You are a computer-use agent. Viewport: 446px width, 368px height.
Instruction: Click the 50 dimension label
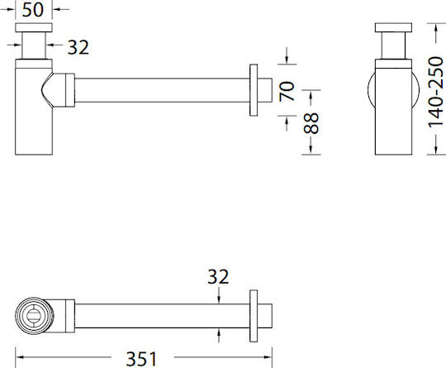(x=33, y=10)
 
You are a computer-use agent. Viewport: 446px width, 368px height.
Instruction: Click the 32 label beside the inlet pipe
(x=78, y=47)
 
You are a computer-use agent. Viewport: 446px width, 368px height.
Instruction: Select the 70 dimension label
(x=287, y=91)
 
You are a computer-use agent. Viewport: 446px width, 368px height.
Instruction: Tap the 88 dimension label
(x=311, y=123)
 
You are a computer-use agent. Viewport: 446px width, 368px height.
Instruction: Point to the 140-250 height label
(x=435, y=92)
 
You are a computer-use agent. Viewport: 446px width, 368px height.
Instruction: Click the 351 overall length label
(x=141, y=359)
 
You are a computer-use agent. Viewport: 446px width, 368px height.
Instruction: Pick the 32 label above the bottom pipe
(x=218, y=276)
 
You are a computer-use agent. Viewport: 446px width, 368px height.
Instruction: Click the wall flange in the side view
(x=254, y=90)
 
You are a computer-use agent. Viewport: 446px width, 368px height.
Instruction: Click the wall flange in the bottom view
(x=254, y=316)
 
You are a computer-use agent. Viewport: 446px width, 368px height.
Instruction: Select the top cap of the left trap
(x=34, y=27)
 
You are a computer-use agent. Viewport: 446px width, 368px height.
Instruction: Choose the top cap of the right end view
(x=393, y=27)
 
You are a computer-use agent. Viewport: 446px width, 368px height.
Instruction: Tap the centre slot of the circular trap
(x=34, y=316)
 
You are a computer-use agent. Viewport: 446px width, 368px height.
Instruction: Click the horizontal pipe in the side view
(x=162, y=90)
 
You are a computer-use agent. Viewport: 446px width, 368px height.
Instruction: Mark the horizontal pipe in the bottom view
(x=162, y=316)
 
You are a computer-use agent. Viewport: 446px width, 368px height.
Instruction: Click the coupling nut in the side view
(x=70, y=90)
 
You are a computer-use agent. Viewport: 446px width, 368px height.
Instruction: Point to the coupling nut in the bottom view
(x=70, y=316)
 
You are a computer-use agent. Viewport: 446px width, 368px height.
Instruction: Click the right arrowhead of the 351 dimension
(x=268, y=357)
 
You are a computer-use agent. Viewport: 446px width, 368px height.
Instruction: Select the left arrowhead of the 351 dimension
(x=19, y=357)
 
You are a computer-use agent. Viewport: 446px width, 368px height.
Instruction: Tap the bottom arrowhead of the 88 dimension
(x=311, y=151)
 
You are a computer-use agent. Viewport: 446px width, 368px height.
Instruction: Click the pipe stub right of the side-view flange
(x=265, y=90)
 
